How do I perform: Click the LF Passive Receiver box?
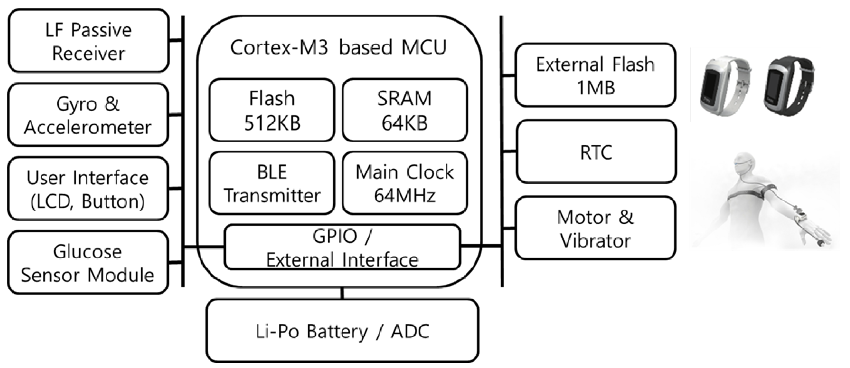89,41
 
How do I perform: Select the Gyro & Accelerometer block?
88,115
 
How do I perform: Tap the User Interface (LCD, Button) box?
88,189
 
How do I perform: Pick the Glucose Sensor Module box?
88,263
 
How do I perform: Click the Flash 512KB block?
272,110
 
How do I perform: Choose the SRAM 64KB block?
404,110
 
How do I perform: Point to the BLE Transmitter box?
272,183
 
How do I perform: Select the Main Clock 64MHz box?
404,183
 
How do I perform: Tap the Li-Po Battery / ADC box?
342,331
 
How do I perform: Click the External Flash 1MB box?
595,75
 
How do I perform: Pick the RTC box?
596,152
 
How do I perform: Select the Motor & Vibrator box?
595,228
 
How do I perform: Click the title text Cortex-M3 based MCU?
339,47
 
